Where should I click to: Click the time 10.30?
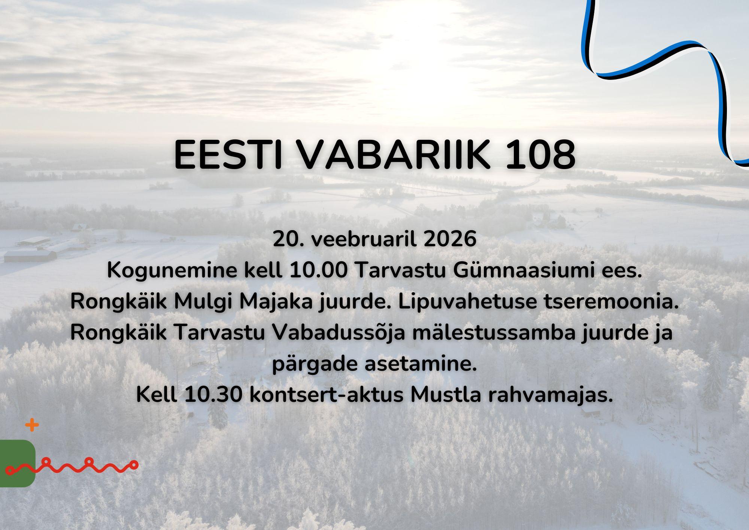tap(213, 395)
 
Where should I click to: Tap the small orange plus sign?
tap(32, 425)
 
